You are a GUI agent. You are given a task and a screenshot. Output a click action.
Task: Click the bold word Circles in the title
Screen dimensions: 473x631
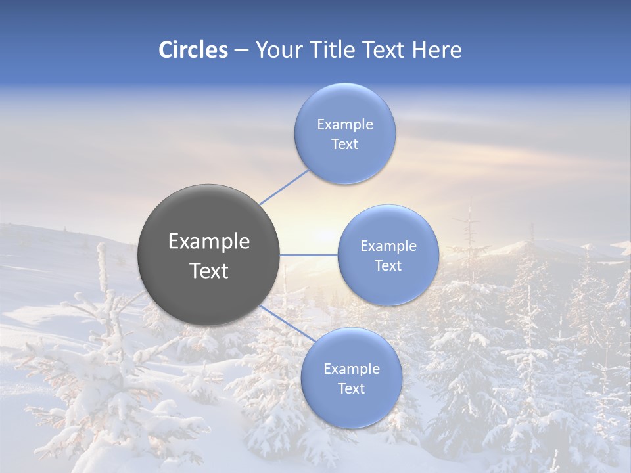coord(193,50)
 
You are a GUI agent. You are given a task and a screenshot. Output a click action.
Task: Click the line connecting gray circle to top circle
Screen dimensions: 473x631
coord(284,187)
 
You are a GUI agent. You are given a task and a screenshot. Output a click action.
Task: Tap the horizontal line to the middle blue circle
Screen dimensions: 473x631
coord(308,255)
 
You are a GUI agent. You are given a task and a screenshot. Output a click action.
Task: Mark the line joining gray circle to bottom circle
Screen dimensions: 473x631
coord(283,322)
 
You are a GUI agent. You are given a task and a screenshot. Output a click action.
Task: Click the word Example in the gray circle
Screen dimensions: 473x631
coord(209,242)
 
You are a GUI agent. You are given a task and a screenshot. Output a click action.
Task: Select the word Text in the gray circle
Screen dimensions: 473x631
coord(209,271)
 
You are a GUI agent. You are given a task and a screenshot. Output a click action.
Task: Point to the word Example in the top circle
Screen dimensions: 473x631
coord(345,125)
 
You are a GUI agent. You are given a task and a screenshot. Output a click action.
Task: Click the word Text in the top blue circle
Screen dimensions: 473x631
coord(345,145)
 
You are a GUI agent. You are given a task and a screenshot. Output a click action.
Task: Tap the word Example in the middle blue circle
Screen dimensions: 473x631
coord(388,246)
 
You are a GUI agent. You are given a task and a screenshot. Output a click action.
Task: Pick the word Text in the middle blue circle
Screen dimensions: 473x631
coord(388,266)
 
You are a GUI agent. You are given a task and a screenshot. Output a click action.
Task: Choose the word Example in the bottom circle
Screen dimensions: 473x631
coord(352,369)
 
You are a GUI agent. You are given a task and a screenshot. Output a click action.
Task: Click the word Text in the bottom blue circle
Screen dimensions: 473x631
coord(352,389)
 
